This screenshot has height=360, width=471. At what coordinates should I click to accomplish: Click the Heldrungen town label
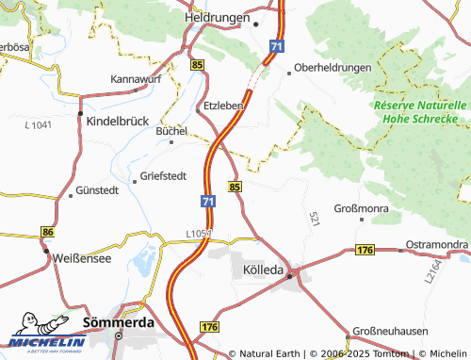(x=216, y=18)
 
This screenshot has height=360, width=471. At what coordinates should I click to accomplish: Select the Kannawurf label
(x=138, y=79)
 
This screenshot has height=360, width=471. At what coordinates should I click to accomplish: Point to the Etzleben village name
(x=224, y=106)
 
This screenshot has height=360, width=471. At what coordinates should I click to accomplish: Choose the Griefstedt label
(x=167, y=176)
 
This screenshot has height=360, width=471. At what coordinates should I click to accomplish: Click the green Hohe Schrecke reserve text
(x=420, y=113)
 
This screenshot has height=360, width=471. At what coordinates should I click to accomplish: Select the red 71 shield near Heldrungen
(x=274, y=45)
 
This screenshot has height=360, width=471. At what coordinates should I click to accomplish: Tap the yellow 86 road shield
(x=47, y=231)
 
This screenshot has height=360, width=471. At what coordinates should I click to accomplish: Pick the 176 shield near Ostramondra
(x=365, y=249)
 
